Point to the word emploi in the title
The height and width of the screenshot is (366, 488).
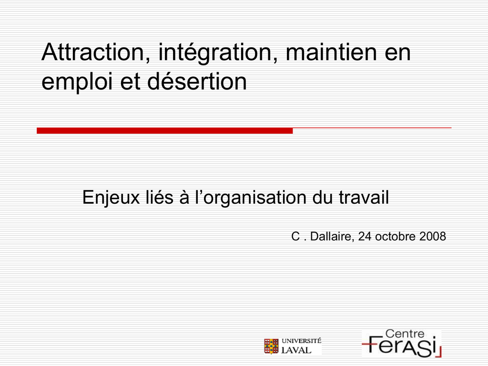tap(77, 82)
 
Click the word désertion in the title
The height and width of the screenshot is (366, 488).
tap(197, 81)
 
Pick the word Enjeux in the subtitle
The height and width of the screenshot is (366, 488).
tap(111, 197)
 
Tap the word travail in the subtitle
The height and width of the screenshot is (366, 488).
tap(364, 197)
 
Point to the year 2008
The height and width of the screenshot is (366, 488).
tap(433, 236)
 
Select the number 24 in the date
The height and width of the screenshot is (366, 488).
tap(365, 236)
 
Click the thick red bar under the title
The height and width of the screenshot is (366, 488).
tap(164, 131)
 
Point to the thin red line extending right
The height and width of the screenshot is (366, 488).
tap(372, 128)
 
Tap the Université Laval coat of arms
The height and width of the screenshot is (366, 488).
tap(271, 346)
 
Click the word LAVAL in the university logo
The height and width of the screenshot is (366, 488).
tap(296, 350)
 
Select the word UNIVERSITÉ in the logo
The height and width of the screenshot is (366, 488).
tap(301, 341)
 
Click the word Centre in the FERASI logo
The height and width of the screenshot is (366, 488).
tap(405, 334)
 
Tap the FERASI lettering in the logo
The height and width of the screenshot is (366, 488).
tap(401, 347)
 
